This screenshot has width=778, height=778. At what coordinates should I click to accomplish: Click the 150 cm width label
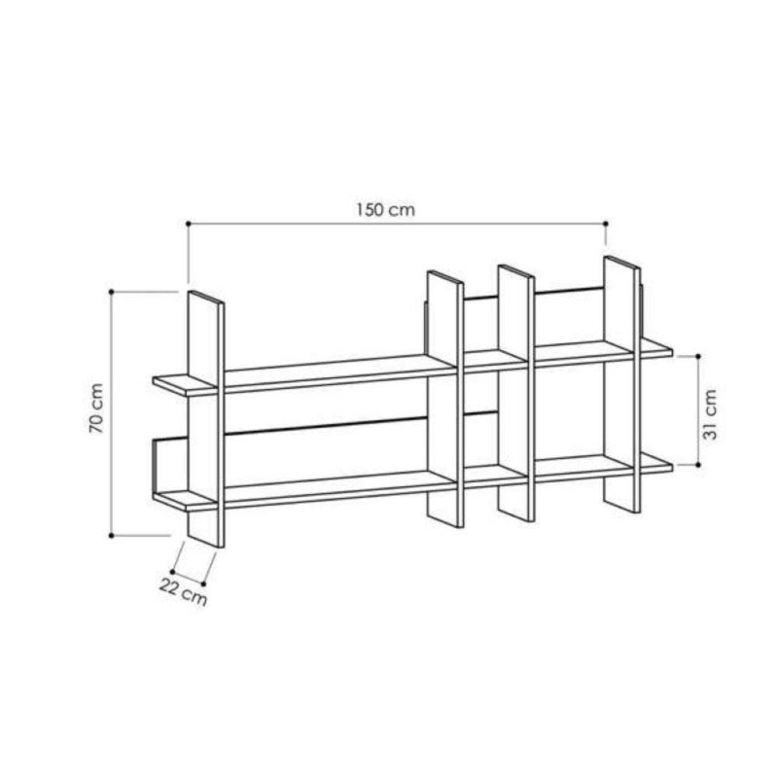tap(385, 210)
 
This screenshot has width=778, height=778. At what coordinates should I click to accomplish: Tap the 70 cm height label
tap(96, 408)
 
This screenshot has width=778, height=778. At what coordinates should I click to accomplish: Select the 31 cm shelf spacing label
tap(710, 414)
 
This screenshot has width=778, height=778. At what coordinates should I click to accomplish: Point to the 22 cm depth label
tap(183, 592)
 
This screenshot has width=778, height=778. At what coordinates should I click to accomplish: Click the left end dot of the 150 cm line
tap(189, 224)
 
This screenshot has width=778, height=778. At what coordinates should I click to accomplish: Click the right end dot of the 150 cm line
tap(605, 224)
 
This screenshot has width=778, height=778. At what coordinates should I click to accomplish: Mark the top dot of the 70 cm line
tap(112, 292)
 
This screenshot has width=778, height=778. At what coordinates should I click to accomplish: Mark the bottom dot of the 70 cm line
tap(112, 536)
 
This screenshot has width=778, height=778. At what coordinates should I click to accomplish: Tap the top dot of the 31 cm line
tap(698, 356)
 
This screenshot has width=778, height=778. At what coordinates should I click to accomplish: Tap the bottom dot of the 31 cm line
tap(698, 465)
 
